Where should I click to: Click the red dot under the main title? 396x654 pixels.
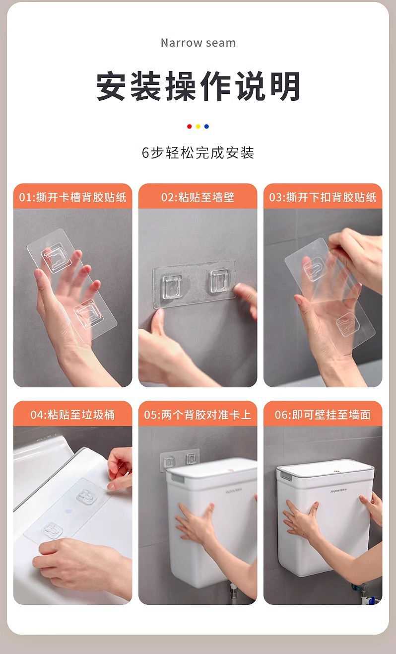(189, 127)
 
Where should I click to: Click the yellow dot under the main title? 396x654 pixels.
(198, 127)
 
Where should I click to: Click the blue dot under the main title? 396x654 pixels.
(206, 127)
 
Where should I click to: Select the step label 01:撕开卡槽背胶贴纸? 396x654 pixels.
(72, 197)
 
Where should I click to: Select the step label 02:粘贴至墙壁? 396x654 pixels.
(198, 197)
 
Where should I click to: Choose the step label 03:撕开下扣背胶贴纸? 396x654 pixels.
(323, 197)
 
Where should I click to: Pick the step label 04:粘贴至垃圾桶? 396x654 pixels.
(72, 415)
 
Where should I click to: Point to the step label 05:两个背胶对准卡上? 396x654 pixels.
(198, 415)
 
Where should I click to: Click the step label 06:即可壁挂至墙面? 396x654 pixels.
(323, 415)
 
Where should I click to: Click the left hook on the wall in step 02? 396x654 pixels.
(173, 287)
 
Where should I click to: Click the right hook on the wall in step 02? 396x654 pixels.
(220, 281)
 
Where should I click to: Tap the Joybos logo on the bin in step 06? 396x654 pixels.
(338, 491)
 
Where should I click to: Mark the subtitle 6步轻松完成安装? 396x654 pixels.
(198, 152)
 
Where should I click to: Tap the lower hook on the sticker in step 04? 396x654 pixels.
(52, 530)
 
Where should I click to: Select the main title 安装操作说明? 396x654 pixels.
(198, 86)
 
